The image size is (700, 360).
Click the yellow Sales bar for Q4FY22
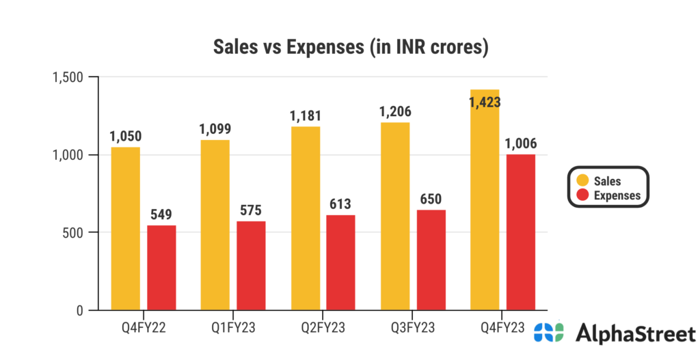coord(126,229)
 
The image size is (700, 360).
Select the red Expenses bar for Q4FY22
coord(161,268)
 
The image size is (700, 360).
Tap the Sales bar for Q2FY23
coord(306,219)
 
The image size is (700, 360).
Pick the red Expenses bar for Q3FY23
coord(431,260)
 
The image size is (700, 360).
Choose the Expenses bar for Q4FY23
coord(521,232)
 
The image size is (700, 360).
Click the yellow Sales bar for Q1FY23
coord(215,225)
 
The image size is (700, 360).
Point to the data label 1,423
coord(485,102)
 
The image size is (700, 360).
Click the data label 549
coord(162,215)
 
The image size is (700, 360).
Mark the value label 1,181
coord(306,115)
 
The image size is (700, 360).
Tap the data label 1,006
coord(521,143)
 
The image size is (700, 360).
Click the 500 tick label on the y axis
coord(72,233)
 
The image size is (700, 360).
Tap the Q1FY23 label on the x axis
coord(233,327)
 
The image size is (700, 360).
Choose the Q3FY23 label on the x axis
coord(413,327)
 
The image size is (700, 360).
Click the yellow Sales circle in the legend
coord(581,181)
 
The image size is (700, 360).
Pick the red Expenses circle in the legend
coord(581,195)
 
